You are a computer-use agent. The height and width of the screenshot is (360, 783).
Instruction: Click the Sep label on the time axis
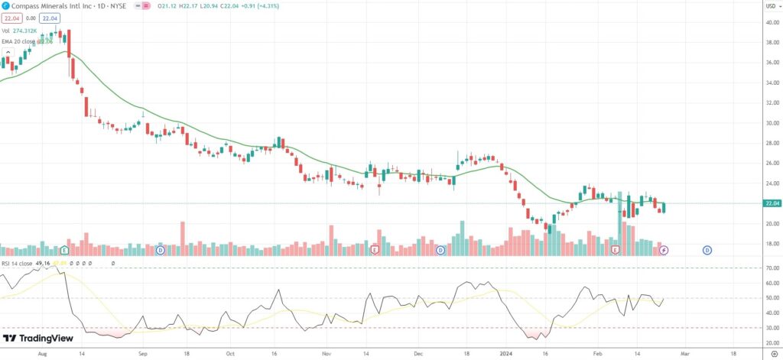pos(143,355)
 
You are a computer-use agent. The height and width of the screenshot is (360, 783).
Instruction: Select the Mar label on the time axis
pos(685,355)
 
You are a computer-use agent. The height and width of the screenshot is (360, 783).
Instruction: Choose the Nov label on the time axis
pos(327,355)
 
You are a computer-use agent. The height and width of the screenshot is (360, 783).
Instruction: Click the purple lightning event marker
pos(664,250)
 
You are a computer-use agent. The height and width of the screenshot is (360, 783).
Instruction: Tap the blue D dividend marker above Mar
pos(707,250)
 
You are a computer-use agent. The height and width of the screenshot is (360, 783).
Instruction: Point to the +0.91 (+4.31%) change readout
pos(253,5)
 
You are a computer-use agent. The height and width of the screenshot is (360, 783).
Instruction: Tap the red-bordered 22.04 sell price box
pos(10,18)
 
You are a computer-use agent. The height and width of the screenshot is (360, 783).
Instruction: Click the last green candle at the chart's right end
pos(664,207)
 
